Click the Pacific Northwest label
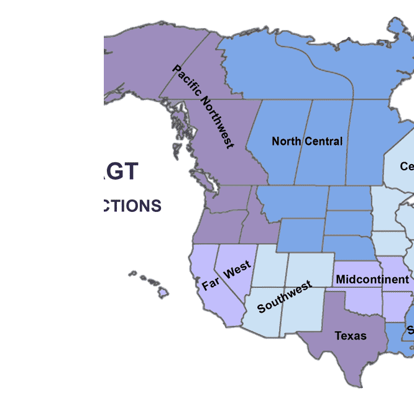tap(203, 106)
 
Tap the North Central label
tap(307, 141)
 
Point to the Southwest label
tap(284, 297)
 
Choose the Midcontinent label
tap(372, 280)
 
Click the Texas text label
tap(351, 336)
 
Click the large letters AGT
tap(122, 171)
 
